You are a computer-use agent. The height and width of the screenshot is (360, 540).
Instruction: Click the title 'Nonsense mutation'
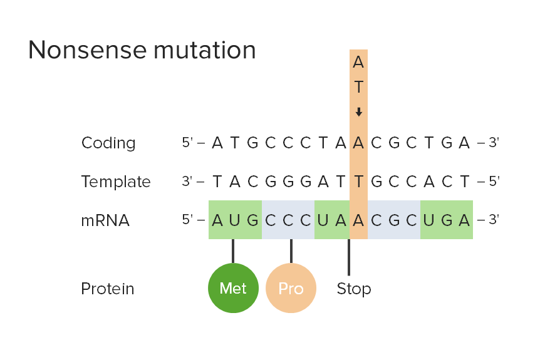pyautogui.click(x=142, y=50)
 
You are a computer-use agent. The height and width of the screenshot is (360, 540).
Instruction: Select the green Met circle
pyautogui.click(x=233, y=288)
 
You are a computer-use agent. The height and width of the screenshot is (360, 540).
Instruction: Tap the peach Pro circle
pyautogui.click(x=291, y=288)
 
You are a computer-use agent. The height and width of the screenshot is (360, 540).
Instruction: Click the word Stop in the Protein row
pyautogui.click(x=353, y=289)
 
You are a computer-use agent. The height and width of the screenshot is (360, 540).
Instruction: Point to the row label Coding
pyautogui.click(x=108, y=143)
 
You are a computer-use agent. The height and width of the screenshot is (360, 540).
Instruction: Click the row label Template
pyautogui.click(x=116, y=182)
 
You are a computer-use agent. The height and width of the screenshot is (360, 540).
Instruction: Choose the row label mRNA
pyautogui.click(x=105, y=220)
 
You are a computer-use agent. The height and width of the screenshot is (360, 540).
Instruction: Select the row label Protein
pyautogui.click(x=108, y=289)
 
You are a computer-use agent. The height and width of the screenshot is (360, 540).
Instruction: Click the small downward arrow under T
pyautogui.click(x=358, y=113)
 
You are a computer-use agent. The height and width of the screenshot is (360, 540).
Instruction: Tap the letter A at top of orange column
pyautogui.click(x=358, y=62)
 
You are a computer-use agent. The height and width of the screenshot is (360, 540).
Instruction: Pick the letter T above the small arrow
pyautogui.click(x=358, y=88)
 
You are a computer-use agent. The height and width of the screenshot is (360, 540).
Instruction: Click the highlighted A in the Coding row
pyautogui.click(x=358, y=143)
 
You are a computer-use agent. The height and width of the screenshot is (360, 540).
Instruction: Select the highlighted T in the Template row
pyautogui.click(x=358, y=182)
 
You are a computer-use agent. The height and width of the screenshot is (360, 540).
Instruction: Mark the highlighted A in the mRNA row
pyautogui.click(x=358, y=220)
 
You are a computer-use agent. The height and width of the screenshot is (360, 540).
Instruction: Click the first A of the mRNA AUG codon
pyautogui.click(x=217, y=220)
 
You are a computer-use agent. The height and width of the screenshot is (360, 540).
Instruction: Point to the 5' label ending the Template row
pyautogui.click(x=493, y=182)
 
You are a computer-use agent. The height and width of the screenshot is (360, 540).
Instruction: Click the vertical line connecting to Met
pyautogui.click(x=233, y=250)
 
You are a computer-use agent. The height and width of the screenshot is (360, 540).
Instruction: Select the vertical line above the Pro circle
pyautogui.click(x=291, y=250)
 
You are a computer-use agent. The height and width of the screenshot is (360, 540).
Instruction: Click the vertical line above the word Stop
pyautogui.click(x=349, y=257)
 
